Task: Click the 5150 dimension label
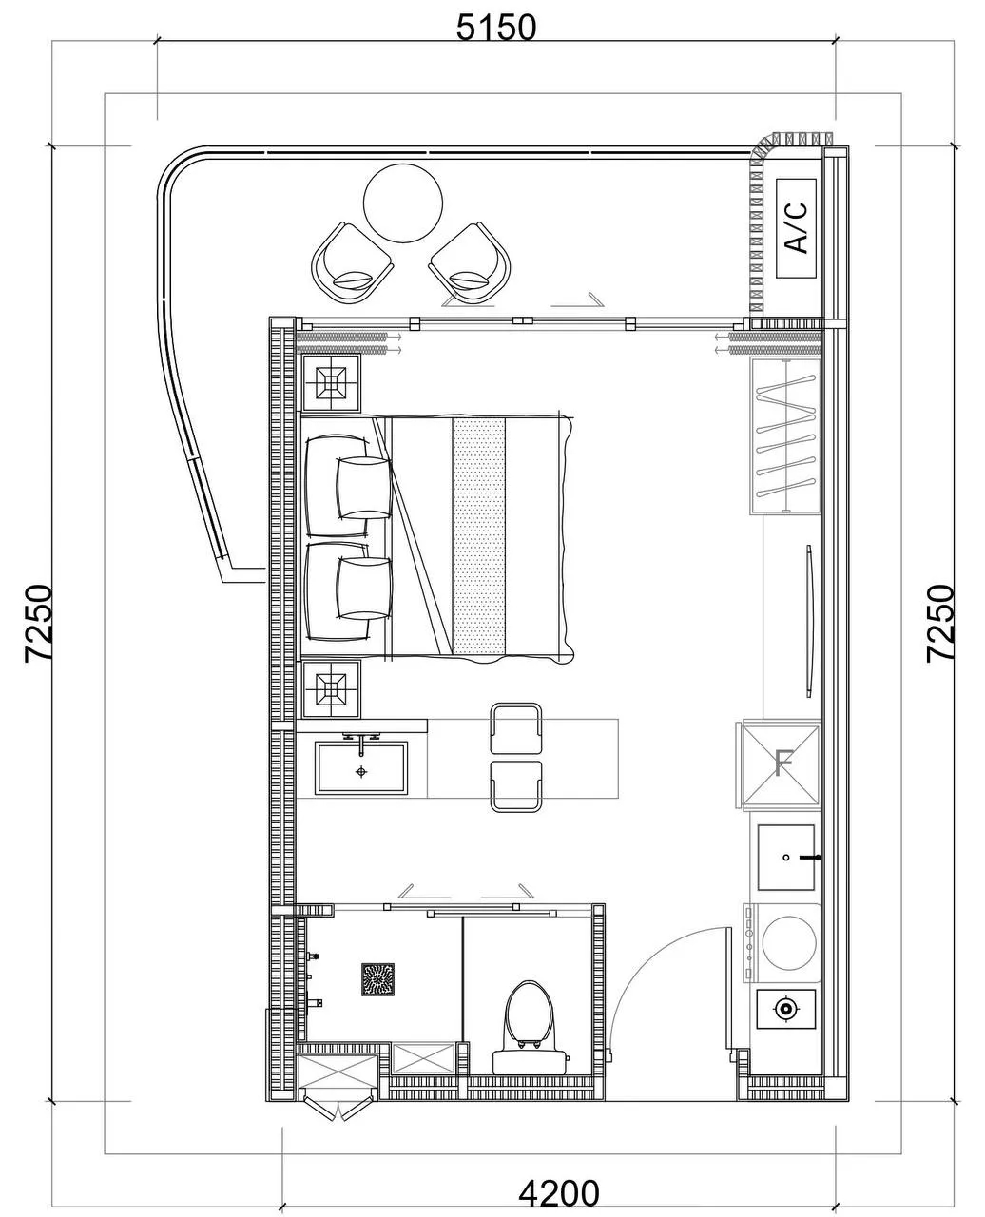pyautogui.click(x=496, y=27)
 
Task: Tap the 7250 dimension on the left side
pyautogui.click(x=39, y=624)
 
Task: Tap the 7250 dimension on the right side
pyautogui.click(x=940, y=624)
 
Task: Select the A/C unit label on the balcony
pyautogui.click(x=796, y=227)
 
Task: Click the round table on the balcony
pyautogui.click(x=403, y=203)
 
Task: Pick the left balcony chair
pyautogui.click(x=353, y=262)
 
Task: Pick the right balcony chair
pyautogui.click(x=470, y=262)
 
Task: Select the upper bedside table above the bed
pyautogui.click(x=332, y=382)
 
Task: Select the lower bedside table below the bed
pyautogui.click(x=332, y=689)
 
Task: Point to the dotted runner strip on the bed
pyautogui.click(x=479, y=536)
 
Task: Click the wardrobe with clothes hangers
pyautogui.click(x=786, y=436)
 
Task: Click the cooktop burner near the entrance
pyautogui.click(x=785, y=1009)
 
